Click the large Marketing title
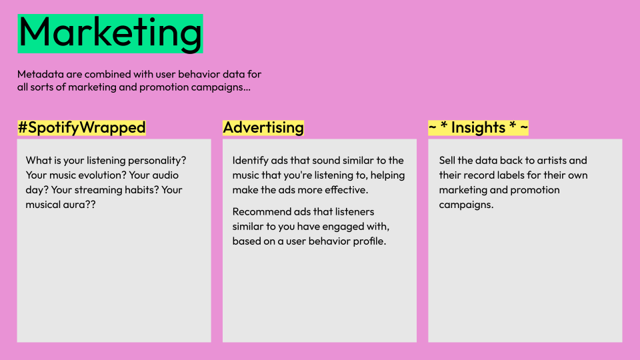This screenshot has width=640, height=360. (x=110, y=33)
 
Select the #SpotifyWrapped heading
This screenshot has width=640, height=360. (x=81, y=127)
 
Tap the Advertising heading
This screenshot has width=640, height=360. (x=263, y=127)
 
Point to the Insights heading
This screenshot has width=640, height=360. (x=479, y=127)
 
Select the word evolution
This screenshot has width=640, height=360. (x=101, y=175)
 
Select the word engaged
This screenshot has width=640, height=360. (x=341, y=227)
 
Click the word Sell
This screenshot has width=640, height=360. (x=447, y=161)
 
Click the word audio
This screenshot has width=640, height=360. (x=166, y=175)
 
